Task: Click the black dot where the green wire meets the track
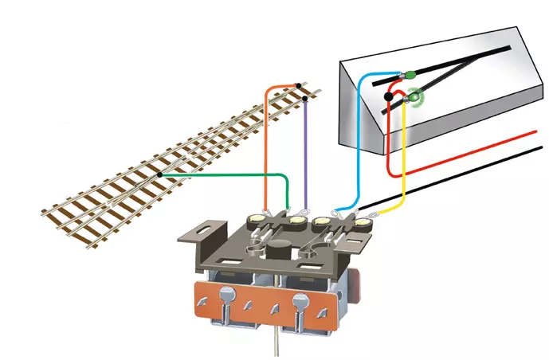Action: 160,174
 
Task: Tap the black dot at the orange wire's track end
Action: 299,86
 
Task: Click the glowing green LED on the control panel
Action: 414,98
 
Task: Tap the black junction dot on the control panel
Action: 389,97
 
